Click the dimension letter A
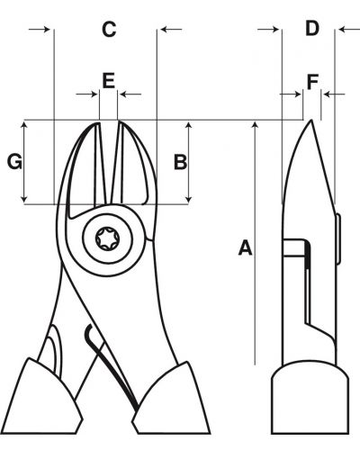(x=245, y=247)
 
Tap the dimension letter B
(x=180, y=162)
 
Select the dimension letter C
(x=109, y=30)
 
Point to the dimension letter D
(x=312, y=28)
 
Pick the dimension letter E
(x=108, y=80)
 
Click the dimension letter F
(x=312, y=82)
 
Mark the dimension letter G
(x=14, y=161)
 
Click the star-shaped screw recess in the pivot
(x=107, y=238)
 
